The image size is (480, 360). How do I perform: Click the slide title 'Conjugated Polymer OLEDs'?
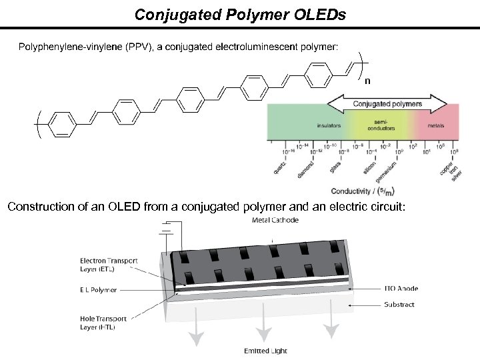tap(240, 14)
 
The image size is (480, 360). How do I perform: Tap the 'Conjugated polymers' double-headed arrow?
tap(387, 104)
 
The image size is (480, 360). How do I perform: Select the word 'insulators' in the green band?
tap(329, 125)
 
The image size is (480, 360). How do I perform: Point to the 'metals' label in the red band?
tap(436, 125)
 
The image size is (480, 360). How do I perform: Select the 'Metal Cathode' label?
tap(275, 220)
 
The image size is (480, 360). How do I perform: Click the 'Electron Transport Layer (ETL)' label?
tap(109, 265)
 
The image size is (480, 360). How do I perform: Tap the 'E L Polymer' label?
tap(98, 290)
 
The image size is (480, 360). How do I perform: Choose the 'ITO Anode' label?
tap(402, 289)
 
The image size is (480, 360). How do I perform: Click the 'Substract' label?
tap(399, 305)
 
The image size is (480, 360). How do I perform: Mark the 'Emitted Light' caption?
tap(265, 351)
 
